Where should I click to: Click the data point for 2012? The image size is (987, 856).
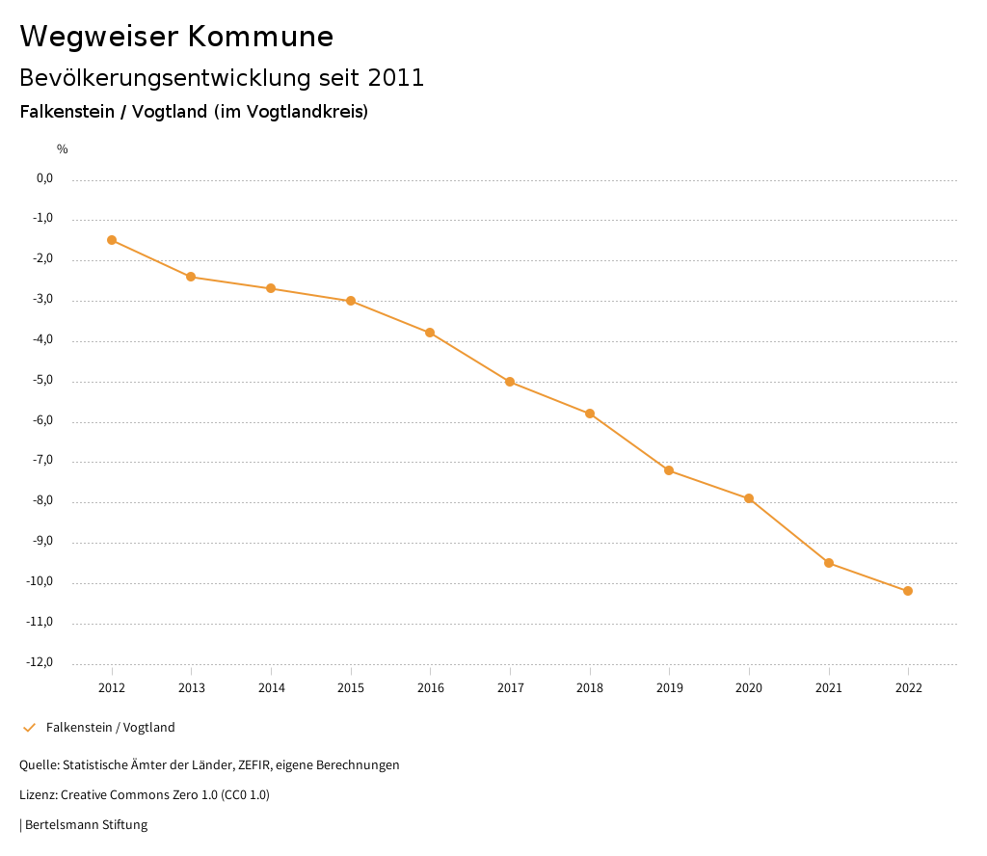coord(112,240)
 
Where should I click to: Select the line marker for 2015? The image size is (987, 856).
coord(351,301)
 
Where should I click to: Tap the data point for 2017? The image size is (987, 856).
coord(510,382)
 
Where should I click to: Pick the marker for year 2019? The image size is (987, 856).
coord(669,470)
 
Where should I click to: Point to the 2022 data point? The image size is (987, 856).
coord(908,591)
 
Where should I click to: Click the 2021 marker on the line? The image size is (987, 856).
coord(829,563)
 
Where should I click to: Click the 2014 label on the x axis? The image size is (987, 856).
coord(271,688)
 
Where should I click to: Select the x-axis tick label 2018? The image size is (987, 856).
coord(590,688)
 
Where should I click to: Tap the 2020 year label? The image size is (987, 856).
coord(749,688)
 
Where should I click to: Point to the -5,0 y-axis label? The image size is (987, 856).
coord(42,380)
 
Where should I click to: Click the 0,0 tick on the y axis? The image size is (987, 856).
coord(44,178)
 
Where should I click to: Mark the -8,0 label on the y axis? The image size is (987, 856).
coord(42,501)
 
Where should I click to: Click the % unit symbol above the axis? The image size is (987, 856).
coord(62,149)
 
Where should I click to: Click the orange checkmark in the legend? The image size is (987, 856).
coord(29,728)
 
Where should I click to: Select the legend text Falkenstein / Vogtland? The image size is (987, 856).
coord(111,728)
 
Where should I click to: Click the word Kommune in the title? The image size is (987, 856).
coord(259,37)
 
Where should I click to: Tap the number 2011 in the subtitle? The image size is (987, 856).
coord(396,78)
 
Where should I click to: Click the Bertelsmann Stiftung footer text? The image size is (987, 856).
coord(86,825)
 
